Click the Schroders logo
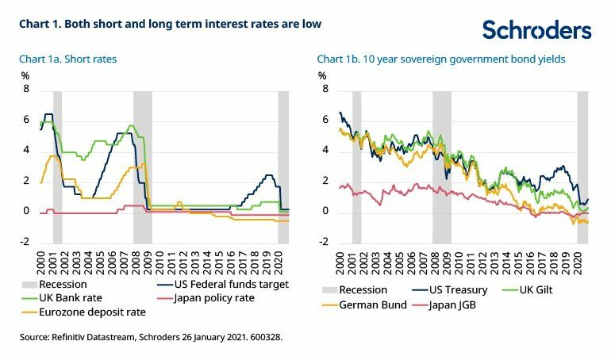coord(536,30)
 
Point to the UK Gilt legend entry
coord(552,290)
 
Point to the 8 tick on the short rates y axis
coord(25,90)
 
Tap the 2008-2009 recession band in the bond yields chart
coord(441,167)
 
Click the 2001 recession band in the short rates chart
coord(58,167)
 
